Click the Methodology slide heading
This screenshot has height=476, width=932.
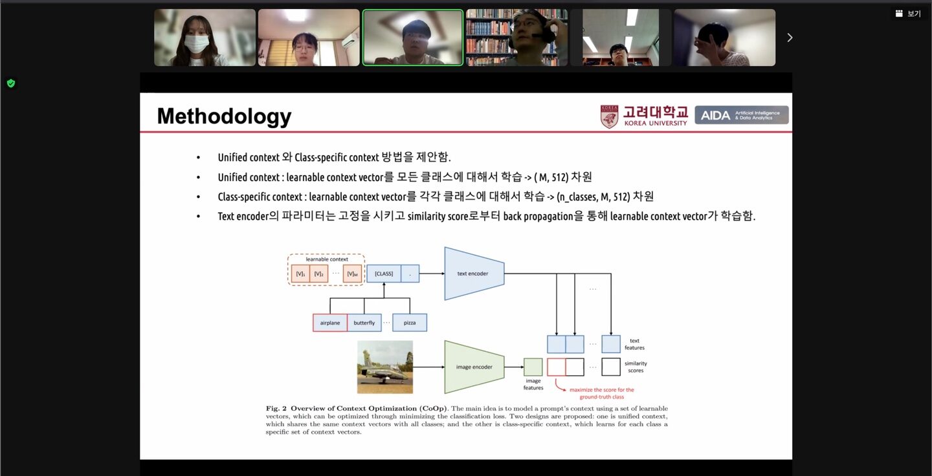(224, 116)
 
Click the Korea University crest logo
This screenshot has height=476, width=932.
(609, 116)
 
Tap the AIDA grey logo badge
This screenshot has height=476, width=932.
(741, 115)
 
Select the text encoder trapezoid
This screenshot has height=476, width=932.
(473, 274)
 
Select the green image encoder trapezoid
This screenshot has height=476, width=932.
(474, 367)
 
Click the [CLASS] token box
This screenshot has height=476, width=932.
(384, 274)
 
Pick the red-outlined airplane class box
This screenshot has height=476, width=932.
(330, 323)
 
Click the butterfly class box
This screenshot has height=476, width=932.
(364, 323)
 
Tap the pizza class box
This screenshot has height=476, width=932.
(410, 323)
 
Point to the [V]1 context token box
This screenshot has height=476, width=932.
(300, 274)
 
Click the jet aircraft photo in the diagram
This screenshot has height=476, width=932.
(385, 367)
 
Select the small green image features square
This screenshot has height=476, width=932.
(533, 367)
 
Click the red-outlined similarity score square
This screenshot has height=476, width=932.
(556, 367)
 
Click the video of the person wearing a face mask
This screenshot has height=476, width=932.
(205, 38)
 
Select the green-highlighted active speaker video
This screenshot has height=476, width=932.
(413, 38)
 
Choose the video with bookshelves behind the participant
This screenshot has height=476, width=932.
(516, 38)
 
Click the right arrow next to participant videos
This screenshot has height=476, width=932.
(790, 38)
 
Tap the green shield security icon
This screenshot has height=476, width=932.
(11, 83)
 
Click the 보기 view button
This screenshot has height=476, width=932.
(908, 14)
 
